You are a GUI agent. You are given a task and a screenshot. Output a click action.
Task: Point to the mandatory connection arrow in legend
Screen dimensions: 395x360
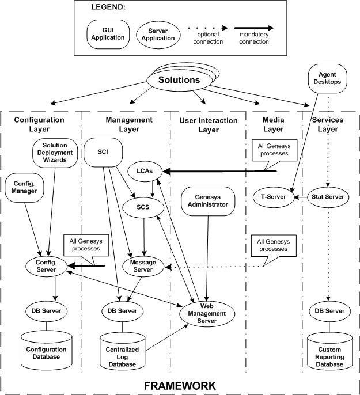[x=251, y=27]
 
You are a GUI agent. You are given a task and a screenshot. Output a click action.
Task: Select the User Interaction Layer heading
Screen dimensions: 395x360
[x=209, y=125]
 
